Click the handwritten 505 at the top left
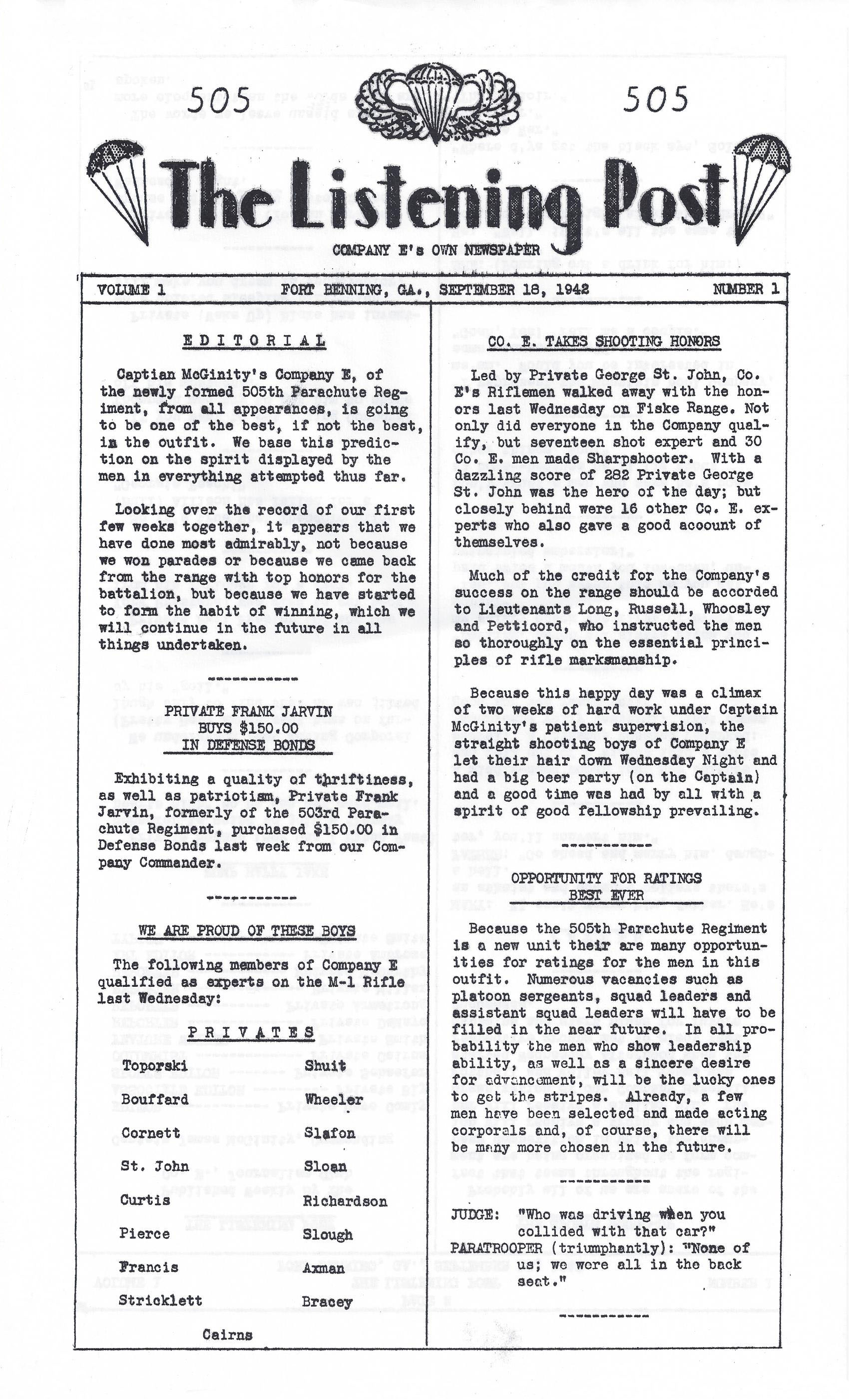click(219, 100)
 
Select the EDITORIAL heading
click(254, 341)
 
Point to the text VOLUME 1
click(131, 290)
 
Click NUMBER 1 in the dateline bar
click(746, 289)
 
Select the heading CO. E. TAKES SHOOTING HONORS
click(604, 341)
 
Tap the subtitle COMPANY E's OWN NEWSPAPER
click(436, 250)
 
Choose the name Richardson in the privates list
click(345, 1202)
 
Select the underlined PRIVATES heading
click(250, 1032)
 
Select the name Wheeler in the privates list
click(334, 1099)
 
